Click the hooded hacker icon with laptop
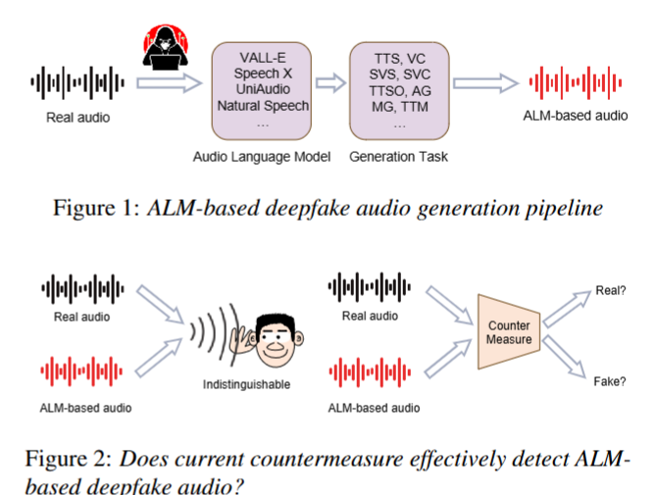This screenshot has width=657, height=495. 166,48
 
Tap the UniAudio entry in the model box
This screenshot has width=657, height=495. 263,89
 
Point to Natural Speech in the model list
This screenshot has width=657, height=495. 263,105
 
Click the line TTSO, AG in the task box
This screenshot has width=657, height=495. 399,89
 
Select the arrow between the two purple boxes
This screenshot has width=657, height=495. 331,84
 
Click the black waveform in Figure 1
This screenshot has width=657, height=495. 78,84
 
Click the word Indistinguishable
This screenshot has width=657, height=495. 246,385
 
